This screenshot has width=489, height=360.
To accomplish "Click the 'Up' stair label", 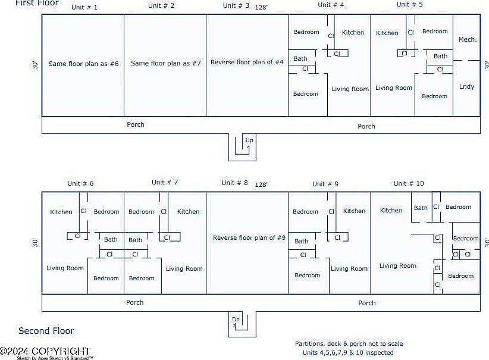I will coord(249,140).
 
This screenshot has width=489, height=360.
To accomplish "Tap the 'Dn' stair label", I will coord(236,320).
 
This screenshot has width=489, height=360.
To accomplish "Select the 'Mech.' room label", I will coord(467,39).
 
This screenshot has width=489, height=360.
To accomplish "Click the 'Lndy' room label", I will coord(467,86).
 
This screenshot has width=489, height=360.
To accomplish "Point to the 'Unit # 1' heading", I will coord(84,7).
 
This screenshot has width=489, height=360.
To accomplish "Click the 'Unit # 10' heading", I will coord(409,183).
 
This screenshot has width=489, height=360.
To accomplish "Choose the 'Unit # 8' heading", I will coord(234,183).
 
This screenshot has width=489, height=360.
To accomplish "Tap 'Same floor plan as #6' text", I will coord(83,63).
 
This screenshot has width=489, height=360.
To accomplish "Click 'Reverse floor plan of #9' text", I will coord(249,238).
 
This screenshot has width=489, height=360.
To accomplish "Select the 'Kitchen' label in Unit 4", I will coord(353,33).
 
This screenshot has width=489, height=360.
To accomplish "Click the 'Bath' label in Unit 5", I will coord(440,57).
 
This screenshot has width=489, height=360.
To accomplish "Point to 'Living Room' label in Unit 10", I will coord(398,266).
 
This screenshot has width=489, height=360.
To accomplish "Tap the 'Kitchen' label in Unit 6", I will coord(61,212).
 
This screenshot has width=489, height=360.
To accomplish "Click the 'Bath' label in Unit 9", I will coord(302,241).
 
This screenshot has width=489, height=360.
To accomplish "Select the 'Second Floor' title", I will coord(46,331).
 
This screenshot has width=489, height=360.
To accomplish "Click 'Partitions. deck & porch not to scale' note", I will coord(349,343).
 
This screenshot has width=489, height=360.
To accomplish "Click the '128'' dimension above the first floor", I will coord(261,8).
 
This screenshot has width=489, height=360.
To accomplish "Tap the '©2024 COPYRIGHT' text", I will coord(45,351).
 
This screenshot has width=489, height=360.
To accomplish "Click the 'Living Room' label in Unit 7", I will coord(184,269).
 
